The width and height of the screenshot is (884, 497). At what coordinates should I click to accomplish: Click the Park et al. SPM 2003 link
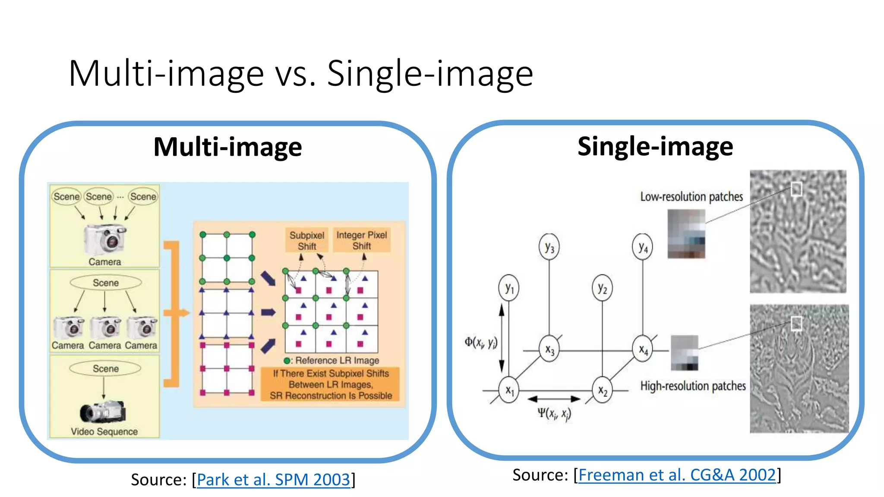273,480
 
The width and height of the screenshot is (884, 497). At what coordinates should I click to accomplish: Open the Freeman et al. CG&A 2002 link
677,475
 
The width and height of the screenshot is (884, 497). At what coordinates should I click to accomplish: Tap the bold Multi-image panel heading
227,147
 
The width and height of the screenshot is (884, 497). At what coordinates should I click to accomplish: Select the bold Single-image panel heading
655,146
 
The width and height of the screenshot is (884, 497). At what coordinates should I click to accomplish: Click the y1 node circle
509,288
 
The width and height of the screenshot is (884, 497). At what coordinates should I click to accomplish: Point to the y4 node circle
643,247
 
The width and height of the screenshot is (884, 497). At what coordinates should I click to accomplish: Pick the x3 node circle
549,349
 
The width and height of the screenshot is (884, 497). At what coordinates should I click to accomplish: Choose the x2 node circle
602,390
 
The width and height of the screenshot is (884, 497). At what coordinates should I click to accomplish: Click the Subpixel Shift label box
306,240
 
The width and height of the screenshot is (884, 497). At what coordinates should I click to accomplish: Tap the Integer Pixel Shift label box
362,240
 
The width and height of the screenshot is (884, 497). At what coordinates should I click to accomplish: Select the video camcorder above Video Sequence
103,412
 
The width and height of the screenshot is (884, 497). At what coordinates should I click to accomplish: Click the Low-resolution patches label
691,197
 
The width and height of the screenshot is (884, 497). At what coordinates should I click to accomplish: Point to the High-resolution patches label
693,386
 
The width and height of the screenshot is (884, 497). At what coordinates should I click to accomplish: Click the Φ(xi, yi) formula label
481,343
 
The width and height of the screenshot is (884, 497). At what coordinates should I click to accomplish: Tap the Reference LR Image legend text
337,360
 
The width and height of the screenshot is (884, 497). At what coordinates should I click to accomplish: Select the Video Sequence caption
104,431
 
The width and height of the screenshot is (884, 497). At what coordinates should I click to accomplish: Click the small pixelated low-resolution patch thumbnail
686,233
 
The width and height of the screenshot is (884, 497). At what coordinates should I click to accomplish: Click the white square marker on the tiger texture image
796,323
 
